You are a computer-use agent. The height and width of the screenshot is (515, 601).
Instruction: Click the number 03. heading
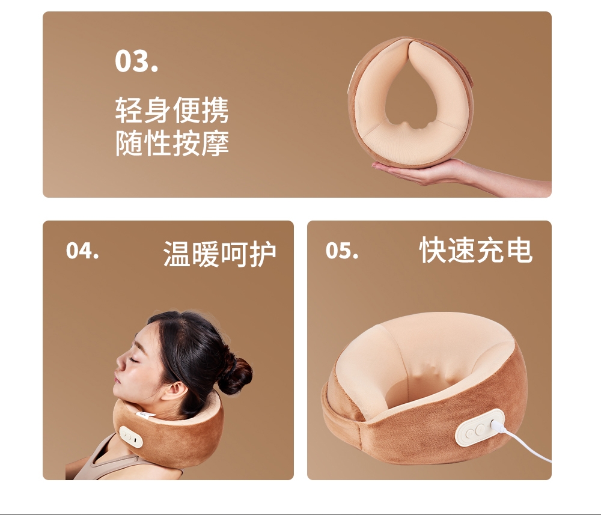click(x=136, y=61)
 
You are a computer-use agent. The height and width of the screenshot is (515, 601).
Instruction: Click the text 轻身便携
click(x=172, y=110)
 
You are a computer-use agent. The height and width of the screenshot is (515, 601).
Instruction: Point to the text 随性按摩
click(x=172, y=143)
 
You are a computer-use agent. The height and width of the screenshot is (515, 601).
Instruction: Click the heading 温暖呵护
click(x=219, y=254)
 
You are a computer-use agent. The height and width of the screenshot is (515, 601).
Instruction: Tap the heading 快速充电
click(x=476, y=250)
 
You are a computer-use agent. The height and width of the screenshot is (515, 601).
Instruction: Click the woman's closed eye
click(x=137, y=359)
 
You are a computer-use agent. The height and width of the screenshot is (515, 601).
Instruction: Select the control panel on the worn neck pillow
click(x=130, y=437)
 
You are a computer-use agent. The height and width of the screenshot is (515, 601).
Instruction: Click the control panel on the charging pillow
click(x=480, y=427)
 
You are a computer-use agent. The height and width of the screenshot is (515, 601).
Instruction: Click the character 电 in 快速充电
click(x=519, y=250)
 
